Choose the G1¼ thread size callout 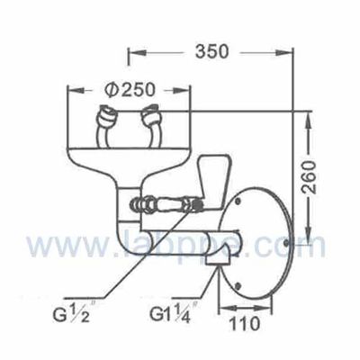coord(174,317)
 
